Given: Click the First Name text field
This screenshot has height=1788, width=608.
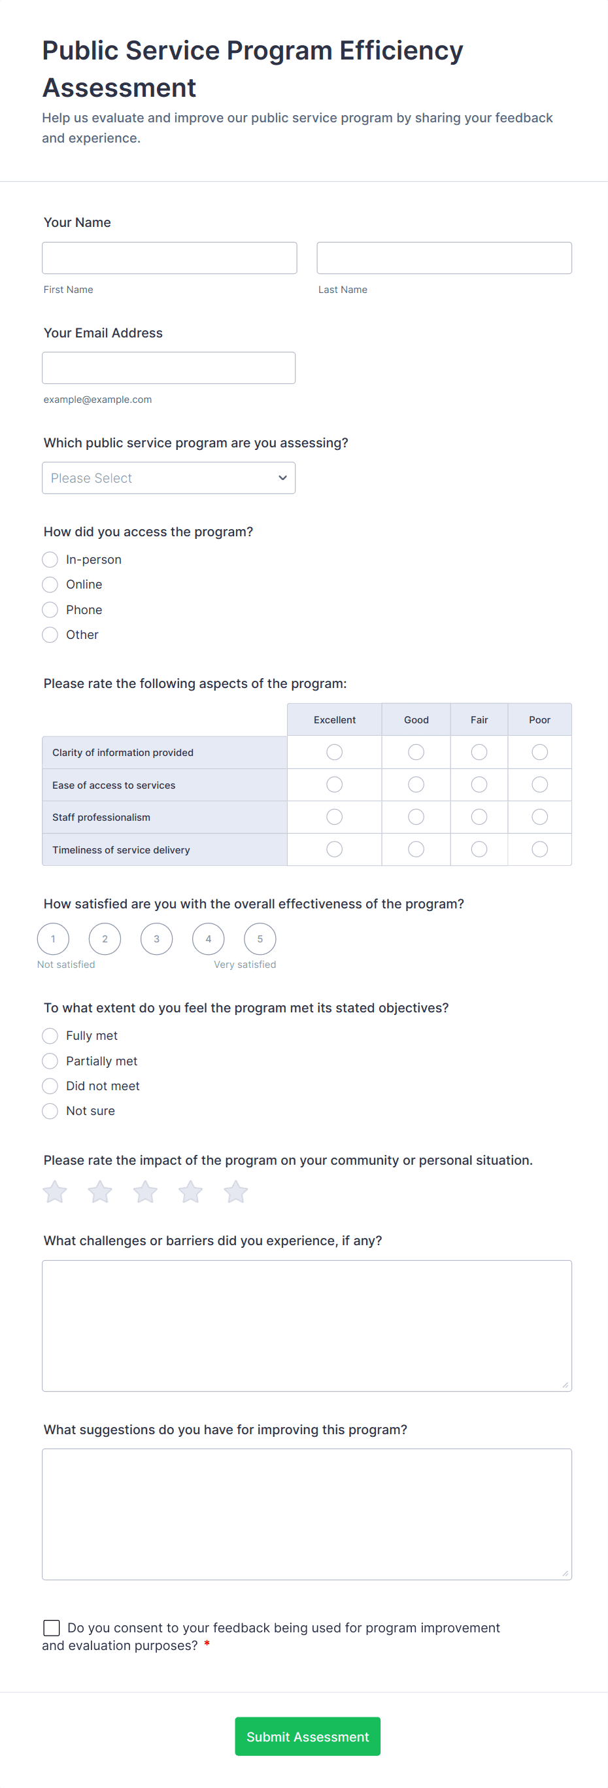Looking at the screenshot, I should click(169, 258).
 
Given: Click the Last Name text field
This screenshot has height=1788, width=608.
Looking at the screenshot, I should click(443, 258).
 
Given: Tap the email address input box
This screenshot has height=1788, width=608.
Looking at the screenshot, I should click(169, 368).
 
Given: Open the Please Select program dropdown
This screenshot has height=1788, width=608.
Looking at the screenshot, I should click(169, 478).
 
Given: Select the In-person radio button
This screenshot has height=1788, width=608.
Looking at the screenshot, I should click(50, 559).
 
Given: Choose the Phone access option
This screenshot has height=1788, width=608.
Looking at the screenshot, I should click(50, 610).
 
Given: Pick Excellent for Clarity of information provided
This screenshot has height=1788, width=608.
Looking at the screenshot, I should click(335, 752).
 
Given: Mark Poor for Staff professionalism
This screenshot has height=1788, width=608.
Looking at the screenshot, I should click(539, 817).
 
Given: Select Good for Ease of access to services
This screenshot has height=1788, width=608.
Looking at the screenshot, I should click(416, 785).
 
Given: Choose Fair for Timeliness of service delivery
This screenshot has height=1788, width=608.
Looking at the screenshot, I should click(479, 850).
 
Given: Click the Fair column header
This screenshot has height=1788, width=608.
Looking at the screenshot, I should click(479, 720).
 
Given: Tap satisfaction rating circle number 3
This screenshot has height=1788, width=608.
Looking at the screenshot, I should click(157, 939).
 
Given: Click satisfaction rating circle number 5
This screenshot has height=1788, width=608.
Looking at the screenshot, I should click(260, 939).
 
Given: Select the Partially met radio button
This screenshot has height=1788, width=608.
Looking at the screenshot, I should click(50, 1061).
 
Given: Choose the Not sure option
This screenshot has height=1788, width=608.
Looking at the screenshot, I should click(50, 1111).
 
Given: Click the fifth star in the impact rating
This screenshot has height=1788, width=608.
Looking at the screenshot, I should click(236, 1192).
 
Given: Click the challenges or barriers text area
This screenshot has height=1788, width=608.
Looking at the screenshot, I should click(307, 1326).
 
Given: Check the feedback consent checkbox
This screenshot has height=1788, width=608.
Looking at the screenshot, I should click(52, 1628).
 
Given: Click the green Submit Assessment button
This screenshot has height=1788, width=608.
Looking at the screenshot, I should click(307, 1736).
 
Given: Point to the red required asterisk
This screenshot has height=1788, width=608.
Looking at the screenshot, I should click(207, 1645).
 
